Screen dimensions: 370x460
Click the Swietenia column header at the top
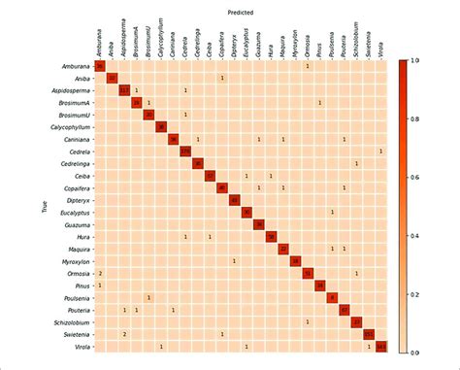369,44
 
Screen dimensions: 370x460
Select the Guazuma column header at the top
258,44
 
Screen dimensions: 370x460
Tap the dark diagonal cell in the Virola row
381,346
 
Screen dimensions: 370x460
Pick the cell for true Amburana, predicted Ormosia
308,65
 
